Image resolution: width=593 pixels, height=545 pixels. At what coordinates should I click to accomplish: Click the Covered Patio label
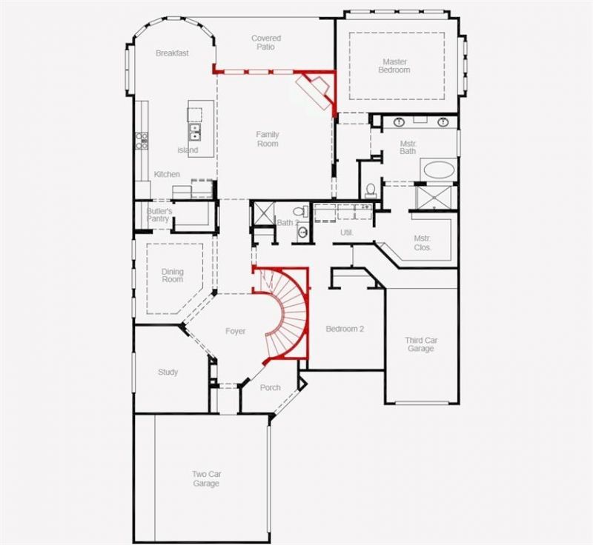[266, 42]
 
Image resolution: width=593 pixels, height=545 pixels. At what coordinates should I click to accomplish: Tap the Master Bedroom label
[394, 66]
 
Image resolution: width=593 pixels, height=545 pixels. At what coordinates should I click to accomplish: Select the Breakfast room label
[172, 53]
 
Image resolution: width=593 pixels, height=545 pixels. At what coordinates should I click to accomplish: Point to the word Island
[188, 150]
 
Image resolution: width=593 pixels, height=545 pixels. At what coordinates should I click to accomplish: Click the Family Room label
[268, 139]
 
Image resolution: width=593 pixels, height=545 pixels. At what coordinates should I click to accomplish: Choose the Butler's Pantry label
[159, 215]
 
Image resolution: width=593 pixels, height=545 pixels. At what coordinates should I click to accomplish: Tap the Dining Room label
[173, 275]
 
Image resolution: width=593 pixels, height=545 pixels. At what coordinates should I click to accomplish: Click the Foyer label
[235, 331]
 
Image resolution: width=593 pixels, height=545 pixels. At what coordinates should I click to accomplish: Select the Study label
[168, 372]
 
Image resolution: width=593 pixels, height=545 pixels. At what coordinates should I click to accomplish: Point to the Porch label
[270, 387]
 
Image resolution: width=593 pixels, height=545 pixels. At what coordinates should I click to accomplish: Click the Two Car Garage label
[206, 478]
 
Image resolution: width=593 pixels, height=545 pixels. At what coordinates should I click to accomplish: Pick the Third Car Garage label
[421, 344]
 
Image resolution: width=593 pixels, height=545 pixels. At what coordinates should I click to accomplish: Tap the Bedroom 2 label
[345, 329]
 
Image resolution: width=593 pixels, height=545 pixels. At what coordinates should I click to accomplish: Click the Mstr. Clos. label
[422, 243]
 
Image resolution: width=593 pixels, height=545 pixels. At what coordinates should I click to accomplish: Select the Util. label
[346, 233]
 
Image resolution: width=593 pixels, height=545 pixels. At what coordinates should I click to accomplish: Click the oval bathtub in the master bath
[439, 170]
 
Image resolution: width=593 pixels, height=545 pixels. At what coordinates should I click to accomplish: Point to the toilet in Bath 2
[302, 211]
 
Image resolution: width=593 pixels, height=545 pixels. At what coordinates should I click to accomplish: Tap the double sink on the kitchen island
[194, 131]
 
